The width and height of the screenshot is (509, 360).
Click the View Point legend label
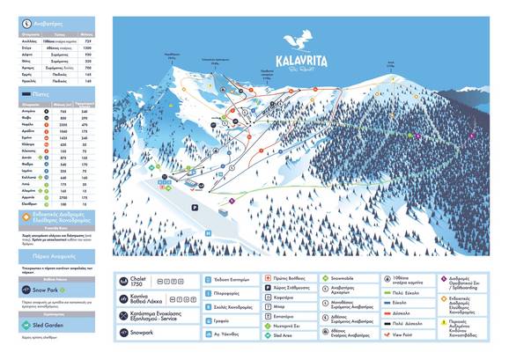click(402, 335)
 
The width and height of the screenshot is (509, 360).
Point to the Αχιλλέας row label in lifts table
click(31, 40)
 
